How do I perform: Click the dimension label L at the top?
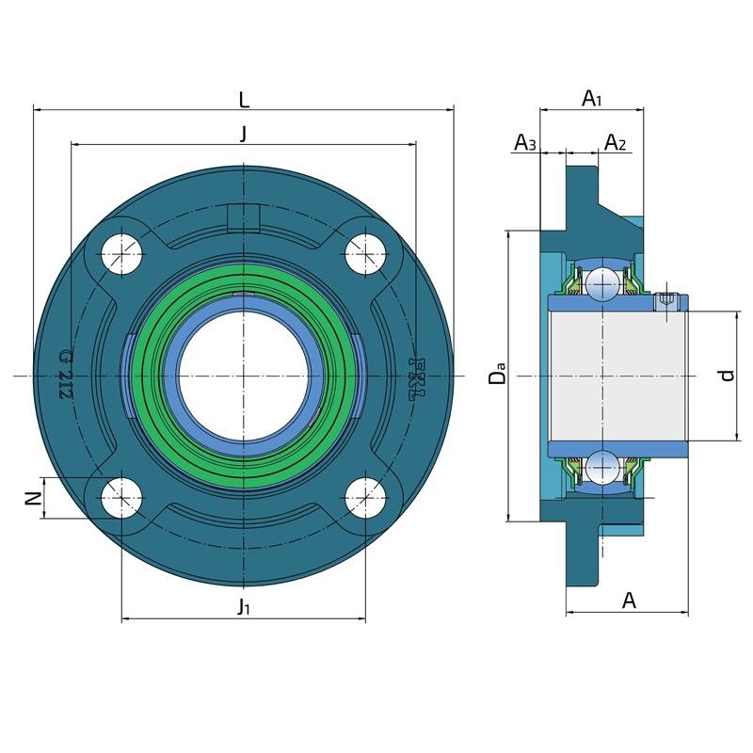[244, 101]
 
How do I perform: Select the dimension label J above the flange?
[244, 134]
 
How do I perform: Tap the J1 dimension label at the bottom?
[244, 606]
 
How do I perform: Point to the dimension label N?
[33, 499]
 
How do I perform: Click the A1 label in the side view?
[592, 99]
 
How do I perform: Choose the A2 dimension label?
[616, 142]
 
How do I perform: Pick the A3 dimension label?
[525, 142]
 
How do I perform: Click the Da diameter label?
[497, 373]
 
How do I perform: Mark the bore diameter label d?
[728, 375]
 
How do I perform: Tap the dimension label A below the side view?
[629, 601]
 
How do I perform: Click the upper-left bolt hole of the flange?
[122, 254]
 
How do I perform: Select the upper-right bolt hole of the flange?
[366, 254]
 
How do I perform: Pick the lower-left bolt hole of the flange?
[122, 498]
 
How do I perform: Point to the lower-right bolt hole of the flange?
[366, 498]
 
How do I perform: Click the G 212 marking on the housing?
[66, 375]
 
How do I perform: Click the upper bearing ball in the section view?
[602, 285]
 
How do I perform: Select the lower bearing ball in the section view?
[602, 467]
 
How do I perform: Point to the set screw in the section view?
[666, 302]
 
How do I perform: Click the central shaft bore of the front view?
[244, 376]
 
